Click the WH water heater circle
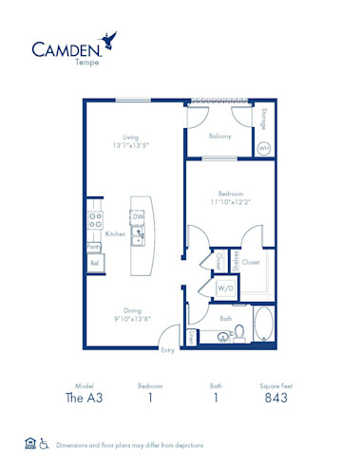(264, 148)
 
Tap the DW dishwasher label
(138, 216)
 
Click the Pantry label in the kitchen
(94, 246)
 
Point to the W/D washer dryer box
(225, 288)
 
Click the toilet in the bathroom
(240, 332)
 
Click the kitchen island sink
(138, 234)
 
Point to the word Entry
(167, 350)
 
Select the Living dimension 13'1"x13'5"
(130, 145)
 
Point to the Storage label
(263, 119)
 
